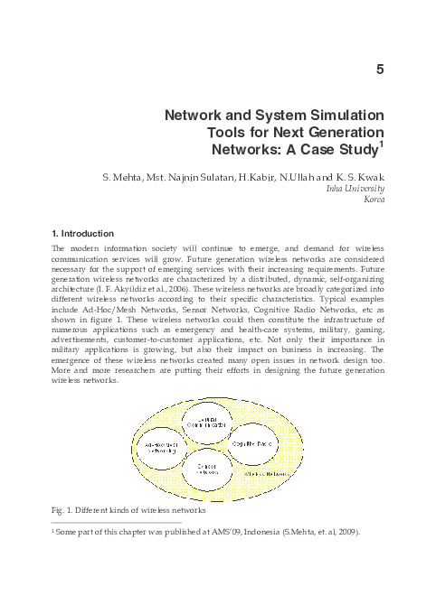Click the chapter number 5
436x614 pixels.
tap(380, 70)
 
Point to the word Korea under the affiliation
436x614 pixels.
tap(373, 200)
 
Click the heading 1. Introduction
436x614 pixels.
tap(83, 233)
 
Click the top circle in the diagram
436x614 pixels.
tap(216, 424)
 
